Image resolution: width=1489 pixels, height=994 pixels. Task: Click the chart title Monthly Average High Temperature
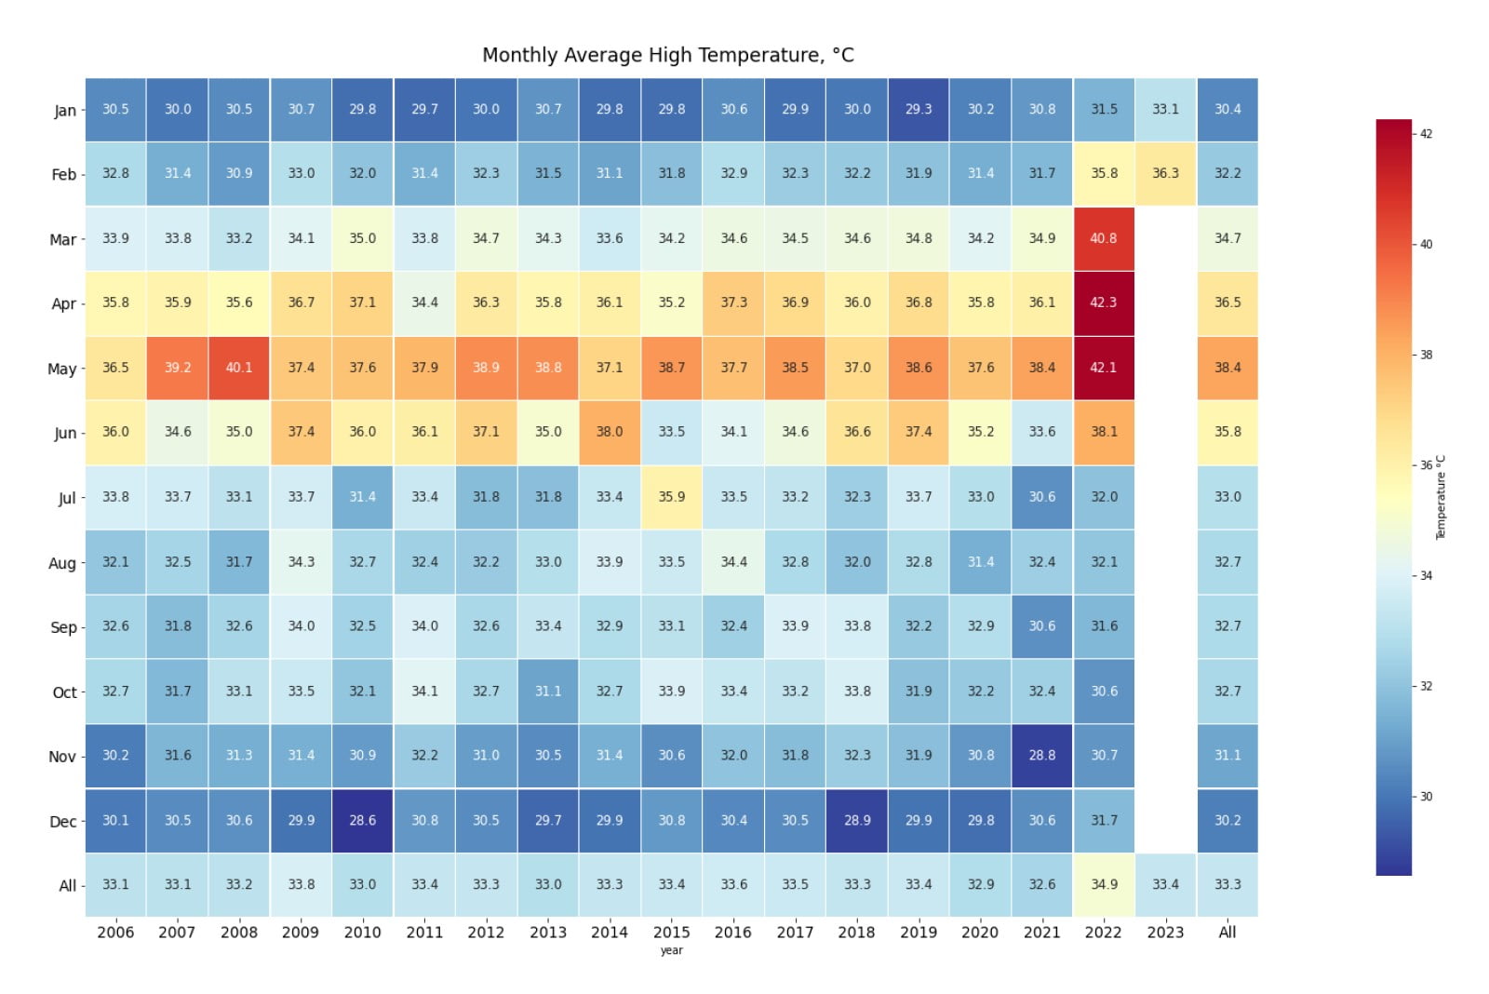tap(667, 55)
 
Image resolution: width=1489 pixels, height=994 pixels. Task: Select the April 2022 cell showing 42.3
tap(1103, 302)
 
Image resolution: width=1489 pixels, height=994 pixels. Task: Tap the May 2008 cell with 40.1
tap(239, 368)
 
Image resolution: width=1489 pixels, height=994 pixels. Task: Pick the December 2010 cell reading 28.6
tap(362, 820)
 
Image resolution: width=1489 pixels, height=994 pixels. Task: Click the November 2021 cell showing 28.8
tap(1041, 755)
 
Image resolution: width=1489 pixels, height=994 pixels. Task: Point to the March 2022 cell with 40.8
tap(1103, 238)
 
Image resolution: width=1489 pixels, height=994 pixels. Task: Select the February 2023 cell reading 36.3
tap(1165, 173)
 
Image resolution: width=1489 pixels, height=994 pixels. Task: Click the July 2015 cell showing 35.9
tap(671, 497)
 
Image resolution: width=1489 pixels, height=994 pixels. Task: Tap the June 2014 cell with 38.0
tap(610, 432)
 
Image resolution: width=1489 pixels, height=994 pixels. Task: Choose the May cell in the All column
tap(1227, 368)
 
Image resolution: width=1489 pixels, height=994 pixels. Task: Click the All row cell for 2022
tap(1103, 884)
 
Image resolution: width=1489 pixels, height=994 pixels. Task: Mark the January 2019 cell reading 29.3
tap(918, 109)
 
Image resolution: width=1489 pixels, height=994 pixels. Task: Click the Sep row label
tap(63, 627)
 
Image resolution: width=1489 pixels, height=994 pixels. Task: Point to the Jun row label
tap(65, 433)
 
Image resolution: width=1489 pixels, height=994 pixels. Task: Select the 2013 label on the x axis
tap(547, 932)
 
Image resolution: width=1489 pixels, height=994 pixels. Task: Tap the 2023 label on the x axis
tap(1165, 932)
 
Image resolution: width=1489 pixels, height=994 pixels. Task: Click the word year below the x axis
tap(671, 950)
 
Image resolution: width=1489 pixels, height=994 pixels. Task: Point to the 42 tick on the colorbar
tap(1426, 134)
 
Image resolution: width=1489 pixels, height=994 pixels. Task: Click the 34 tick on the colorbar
tap(1426, 576)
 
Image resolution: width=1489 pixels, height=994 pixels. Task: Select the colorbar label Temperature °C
tap(1441, 497)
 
